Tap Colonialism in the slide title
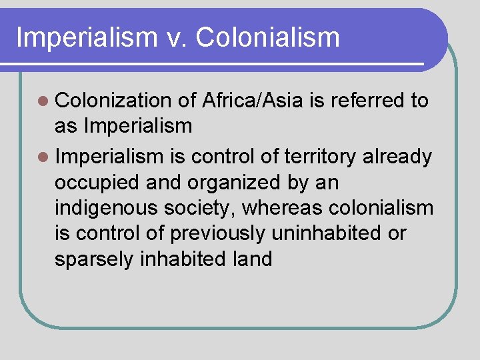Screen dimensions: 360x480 pos(268,37)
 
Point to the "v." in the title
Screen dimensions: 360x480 pos(175,37)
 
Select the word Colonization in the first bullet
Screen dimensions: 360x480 pos(113,101)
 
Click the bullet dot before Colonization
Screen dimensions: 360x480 pos(43,101)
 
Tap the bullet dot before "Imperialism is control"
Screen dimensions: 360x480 pos(43,157)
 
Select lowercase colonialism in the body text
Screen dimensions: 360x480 pos(381,208)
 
